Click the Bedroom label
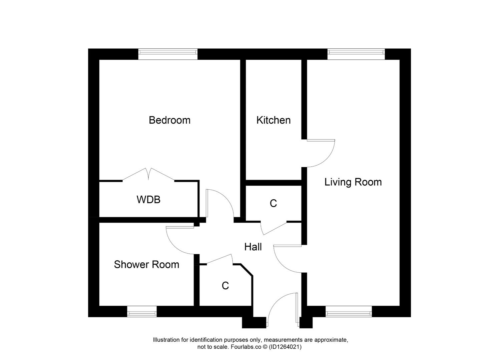169,120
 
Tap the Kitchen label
273,120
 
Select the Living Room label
353,182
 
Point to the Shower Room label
146,264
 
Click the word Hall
253,247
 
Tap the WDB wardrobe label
148,199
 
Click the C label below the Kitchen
273,203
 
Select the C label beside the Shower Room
225,286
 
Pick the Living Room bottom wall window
348,313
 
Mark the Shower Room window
142,313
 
